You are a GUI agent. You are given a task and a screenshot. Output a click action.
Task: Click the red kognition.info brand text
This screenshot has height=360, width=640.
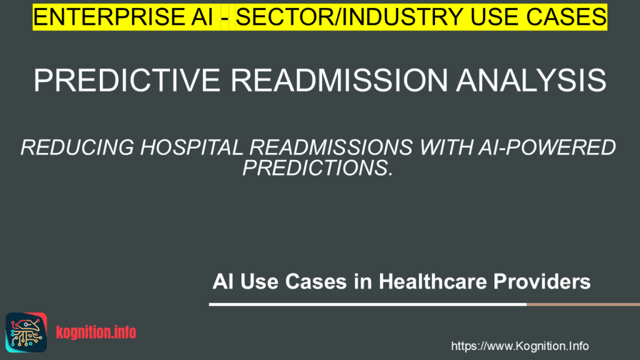pyautogui.click(x=96, y=332)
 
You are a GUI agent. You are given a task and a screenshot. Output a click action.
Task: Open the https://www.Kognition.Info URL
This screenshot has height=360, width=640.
pyautogui.click(x=519, y=346)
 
